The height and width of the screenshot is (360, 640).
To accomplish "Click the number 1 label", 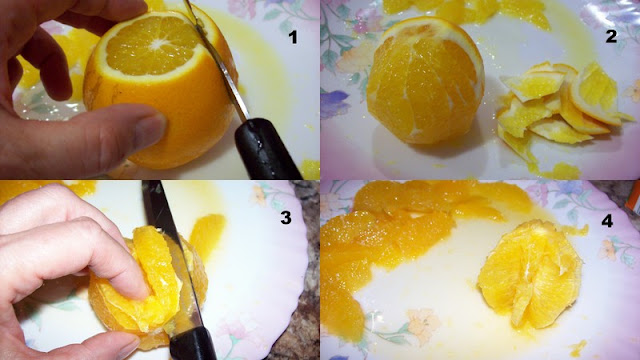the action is click(293, 38).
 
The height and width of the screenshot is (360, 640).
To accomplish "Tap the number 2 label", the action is click(611, 37).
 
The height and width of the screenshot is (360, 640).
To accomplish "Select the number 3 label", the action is click(286, 218).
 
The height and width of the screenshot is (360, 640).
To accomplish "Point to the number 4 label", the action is click(607, 221).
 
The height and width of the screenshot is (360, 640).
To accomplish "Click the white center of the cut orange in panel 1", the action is click(157, 44).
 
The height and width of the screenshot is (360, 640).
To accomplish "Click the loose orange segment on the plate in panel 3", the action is click(207, 236).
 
